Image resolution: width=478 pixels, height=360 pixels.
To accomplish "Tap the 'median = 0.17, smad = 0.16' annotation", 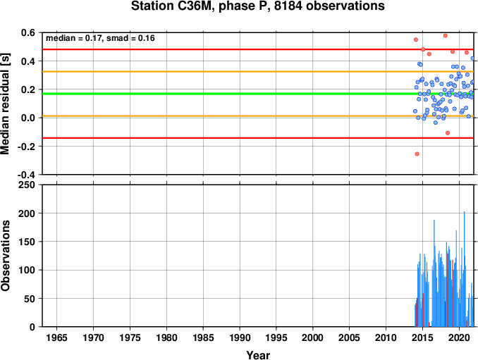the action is (100, 38).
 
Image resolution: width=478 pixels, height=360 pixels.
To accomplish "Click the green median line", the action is (258, 94).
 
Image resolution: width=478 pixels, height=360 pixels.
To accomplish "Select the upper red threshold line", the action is (258, 49).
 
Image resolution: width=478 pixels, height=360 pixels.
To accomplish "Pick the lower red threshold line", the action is (258, 138).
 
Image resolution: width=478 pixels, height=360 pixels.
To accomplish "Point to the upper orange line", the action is (258, 72).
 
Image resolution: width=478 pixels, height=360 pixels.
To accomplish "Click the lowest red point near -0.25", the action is (417, 154).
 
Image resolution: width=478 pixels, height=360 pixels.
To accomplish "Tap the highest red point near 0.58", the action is (445, 36).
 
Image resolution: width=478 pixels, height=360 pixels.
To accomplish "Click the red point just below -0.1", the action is (448, 132).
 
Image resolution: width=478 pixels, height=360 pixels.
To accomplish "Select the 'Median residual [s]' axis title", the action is (5, 104).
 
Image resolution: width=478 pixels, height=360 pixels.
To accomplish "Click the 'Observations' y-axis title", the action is (5, 256).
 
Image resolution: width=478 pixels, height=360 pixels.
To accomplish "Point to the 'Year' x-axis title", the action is (258, 355).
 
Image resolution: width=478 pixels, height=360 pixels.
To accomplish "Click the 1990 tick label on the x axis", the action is (240, 337).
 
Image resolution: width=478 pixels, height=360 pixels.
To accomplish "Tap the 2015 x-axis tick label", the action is (422, 337).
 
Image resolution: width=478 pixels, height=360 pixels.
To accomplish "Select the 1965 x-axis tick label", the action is (56, 337).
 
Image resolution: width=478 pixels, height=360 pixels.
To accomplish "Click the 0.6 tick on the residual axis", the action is (28, 32).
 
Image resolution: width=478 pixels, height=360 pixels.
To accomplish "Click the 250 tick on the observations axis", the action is (27, 185).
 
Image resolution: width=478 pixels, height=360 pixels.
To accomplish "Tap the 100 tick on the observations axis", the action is (27, 270).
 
